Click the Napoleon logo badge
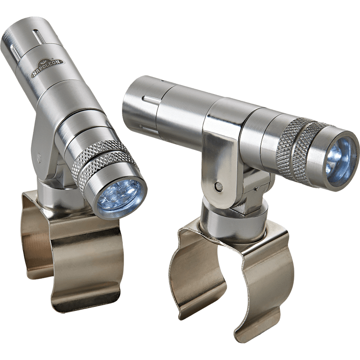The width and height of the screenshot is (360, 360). (48, 67)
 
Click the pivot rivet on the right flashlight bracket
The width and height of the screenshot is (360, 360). (219, 186)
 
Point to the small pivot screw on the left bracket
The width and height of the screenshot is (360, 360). (39, 156)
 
